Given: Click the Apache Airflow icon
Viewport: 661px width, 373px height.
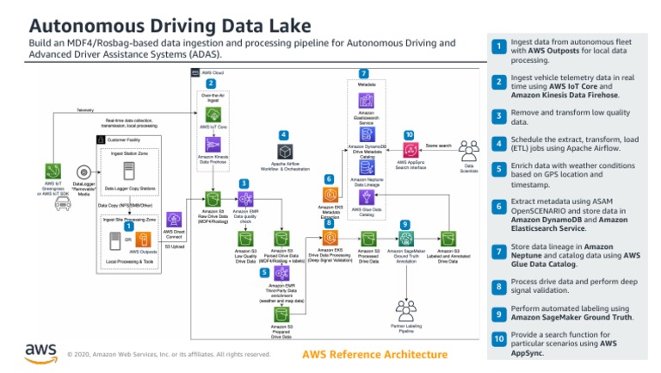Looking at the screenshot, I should tap(283, 152).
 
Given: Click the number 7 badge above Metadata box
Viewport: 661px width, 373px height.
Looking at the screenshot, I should tap(363, 74).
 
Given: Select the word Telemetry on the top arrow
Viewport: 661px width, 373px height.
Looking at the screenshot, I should tap(85, 110).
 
